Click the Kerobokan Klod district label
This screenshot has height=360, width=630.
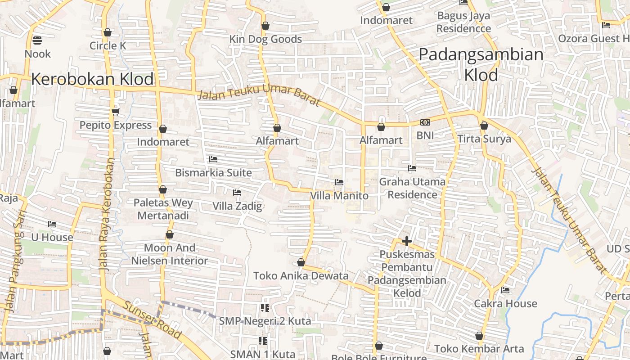point(93,80)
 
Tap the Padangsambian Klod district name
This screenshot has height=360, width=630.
point(481,64)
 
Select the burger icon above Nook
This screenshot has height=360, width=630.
point(37,40)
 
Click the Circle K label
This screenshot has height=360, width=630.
point(108,46)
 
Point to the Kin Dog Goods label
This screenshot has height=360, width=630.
point(265,39)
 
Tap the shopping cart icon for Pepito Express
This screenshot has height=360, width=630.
point(116,111)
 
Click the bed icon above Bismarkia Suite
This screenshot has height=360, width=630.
point(213,159)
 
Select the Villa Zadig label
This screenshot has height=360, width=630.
point(237,207)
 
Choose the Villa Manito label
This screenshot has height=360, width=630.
point(339,196)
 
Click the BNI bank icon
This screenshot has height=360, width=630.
point(425,122)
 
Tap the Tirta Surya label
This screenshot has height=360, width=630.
point(484,139)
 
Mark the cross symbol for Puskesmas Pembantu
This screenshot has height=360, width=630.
point(407,242)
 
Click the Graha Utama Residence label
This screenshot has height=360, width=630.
point(412,188)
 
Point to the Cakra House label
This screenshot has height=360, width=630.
point(505,304)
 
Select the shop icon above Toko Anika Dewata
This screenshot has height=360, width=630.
point(301,262)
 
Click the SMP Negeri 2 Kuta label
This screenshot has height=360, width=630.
point(265,321)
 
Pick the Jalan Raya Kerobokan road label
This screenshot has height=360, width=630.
point(107,214)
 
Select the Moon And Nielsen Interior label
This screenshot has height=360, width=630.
point(170,254)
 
